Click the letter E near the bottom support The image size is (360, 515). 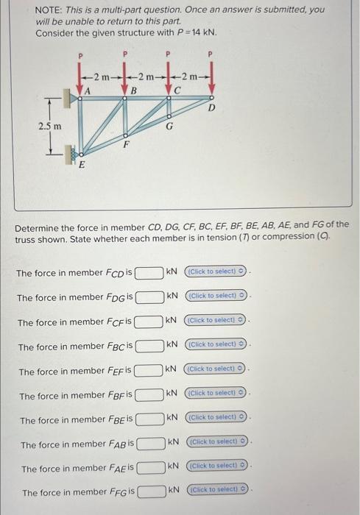pos(82,165)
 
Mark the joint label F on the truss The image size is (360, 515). pos(127,145)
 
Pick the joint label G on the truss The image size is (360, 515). pos(169,127)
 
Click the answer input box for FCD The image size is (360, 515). pos(149,273)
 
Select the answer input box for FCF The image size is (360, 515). pos(149,322)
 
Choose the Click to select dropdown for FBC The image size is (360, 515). pos(216,344)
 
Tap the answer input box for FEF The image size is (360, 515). pos(149,369)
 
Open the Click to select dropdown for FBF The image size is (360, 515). pos(216,393)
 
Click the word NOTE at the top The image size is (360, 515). pos(49,10)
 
